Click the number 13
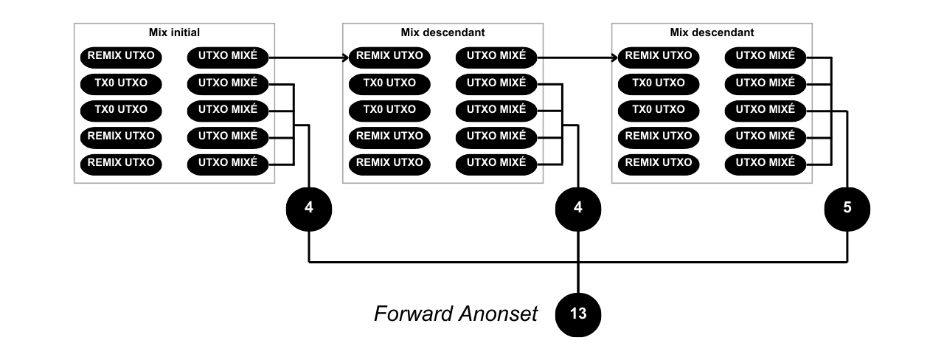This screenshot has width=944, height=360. click(578, 314)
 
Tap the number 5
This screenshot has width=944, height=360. click(847, 207)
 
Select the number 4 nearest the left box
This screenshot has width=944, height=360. click(309, 207)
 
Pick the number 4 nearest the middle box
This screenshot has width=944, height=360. click(578, 207)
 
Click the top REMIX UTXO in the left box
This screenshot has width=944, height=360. click(121, 55)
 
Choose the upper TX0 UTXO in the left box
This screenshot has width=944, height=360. click(121, 83)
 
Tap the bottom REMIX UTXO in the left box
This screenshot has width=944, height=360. click(121, 162)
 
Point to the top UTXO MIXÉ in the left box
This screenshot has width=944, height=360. click(228, 55)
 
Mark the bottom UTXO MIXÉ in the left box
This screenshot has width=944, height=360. click(228, 162)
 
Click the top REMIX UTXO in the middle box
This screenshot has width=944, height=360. click(389, 55)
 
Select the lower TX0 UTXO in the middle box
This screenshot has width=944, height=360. click(389, 109)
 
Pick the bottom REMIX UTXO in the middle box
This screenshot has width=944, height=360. click(389, 162)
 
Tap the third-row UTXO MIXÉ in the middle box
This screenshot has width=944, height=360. click(496, 109)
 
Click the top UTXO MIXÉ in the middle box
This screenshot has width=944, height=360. click(496, 55)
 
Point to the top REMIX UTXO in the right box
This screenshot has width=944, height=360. click(659, 55)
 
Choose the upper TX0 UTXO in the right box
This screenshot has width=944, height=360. click(659, 83)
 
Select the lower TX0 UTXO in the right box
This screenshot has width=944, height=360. click(659, 109)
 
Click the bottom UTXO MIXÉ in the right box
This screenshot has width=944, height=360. click(766, 162)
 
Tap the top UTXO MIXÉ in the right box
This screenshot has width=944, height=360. click(766, 55)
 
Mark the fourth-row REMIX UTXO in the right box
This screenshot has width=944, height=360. click(659, 136)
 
